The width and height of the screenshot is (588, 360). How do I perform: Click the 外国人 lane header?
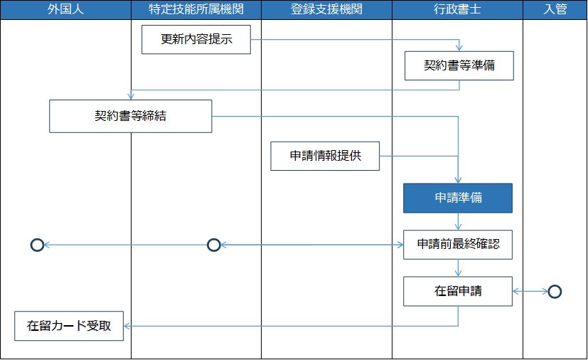[65, 9]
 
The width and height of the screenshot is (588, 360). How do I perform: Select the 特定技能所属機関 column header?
[196, 9]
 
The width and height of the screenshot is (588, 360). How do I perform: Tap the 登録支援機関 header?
[326, 9]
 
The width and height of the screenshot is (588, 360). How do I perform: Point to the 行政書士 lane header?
[457, 9]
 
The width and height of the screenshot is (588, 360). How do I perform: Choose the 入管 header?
[555, 9]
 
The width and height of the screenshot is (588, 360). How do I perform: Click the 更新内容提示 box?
[196, 39]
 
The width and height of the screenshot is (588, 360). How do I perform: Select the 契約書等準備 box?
[459, 65]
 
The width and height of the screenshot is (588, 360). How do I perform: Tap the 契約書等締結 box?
[131, 116]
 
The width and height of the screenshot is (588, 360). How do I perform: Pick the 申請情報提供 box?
[325, 156]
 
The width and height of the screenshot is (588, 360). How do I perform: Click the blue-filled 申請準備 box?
[458, 198]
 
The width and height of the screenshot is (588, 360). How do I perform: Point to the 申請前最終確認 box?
[458, 245]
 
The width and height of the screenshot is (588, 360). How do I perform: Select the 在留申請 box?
[458, 291]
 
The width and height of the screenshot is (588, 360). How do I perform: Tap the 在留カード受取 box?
[69, 326]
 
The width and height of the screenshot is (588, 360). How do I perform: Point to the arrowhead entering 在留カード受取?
[127, 326]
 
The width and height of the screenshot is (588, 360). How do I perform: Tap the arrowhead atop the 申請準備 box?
[458, 180]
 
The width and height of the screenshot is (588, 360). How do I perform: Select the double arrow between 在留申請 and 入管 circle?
[530, 291]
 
